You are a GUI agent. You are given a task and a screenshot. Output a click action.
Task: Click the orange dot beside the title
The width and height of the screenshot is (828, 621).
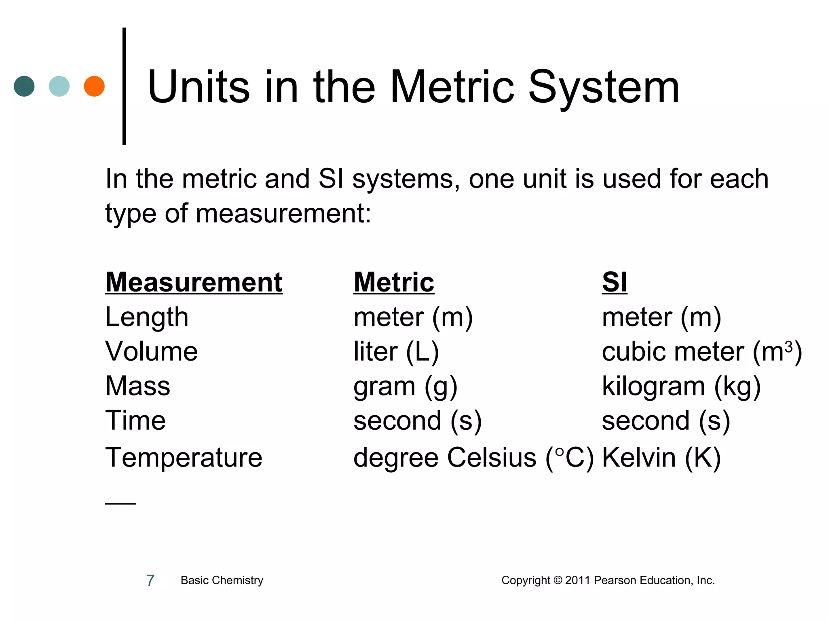coord(94,86)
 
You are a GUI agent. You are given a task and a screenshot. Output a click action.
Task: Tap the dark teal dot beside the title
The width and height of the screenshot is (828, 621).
coord(24,86)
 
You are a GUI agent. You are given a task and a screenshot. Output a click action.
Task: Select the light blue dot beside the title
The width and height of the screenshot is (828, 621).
coord(59,86)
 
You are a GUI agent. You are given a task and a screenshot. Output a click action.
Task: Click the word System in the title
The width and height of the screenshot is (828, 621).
coord(604,87)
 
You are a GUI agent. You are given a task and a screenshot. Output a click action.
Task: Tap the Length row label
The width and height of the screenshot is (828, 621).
coord(147,317)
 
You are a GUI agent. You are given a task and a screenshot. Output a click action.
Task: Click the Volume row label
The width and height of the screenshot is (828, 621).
coord(152,351)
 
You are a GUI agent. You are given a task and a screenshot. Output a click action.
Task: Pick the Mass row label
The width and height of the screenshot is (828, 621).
coord(138,386)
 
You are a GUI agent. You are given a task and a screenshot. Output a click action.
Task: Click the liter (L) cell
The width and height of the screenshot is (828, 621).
coord(396,351)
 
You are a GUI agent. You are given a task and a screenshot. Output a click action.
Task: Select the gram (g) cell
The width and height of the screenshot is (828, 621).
coord(406,387)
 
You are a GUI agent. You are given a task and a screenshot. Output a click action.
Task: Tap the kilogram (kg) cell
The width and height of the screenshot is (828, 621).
coord(681,387)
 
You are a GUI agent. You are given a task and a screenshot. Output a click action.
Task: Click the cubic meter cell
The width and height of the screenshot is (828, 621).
coord(702,351)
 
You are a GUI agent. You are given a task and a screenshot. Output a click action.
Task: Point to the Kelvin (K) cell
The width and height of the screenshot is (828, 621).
coord(661,458)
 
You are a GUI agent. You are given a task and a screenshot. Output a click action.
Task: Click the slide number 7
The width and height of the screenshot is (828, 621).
coord(150,581)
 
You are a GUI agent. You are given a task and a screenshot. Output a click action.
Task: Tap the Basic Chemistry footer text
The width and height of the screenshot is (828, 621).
coord(222,580)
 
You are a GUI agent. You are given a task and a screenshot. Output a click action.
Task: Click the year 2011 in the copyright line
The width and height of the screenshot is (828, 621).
coord(578,580)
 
